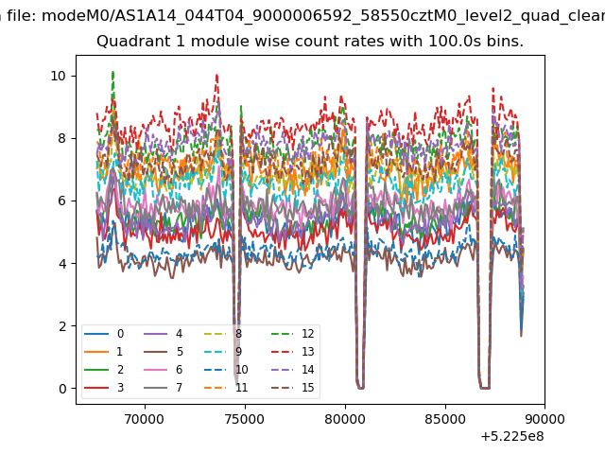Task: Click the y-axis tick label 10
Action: pyautogui.click(x=58, y=76)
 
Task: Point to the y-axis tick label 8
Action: pyautogui.click(x=62, y=139)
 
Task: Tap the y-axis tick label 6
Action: pyautogui.click(x=62, y=201)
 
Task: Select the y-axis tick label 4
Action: pyautogui.click(x=62, y=264)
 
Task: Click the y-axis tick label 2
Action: pyautogui.click(x=62, y=326)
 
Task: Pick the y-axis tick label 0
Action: pyautogui.click(x=62, y=389)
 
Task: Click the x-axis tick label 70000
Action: pyautogui.click(x=145, y=419)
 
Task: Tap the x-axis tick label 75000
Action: pyautogui.click(x=245, y=419)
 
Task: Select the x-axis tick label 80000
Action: pyautogui.click(x=345, y=419)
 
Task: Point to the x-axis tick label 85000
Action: pyautogui.click(x=445, y=419)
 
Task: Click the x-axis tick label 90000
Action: pyautogui.click(x=544, y=419)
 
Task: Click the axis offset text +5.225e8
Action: pyautogui.click(x=512, y=437)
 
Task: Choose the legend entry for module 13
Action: pyautogui.click(x=292, y=352)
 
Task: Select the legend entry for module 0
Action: pyautogui.click(x=104, y=334)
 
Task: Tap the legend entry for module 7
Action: pyautogui.click(x=164, y=387)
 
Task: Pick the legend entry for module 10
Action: pyautogui.click(x=226, y=370)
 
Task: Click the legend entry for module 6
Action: pyautogui.click(x=164, y=370)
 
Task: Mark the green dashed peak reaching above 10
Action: pyautogui.click(x=112, y=72)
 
